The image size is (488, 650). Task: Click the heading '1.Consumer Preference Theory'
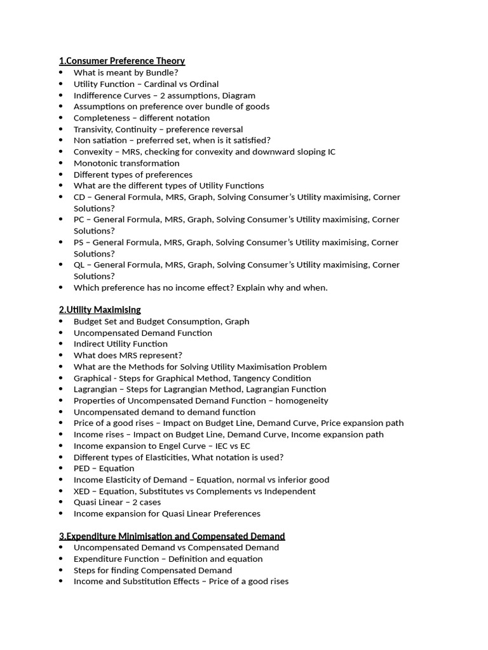coord(122,61)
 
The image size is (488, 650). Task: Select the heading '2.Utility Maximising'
coord(100,310)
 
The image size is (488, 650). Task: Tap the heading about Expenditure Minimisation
coord(172,536)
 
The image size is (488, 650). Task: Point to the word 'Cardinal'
coord(161,84)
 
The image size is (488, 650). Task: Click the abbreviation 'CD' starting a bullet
coord(79,197)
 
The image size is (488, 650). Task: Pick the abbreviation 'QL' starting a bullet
coord(79,265)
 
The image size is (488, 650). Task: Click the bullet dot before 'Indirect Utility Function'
coord(61,344)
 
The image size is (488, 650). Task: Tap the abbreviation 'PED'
coord(82,468)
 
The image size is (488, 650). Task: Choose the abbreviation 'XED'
coord(82,491)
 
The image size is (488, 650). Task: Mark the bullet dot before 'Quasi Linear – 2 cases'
coord(61,503)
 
